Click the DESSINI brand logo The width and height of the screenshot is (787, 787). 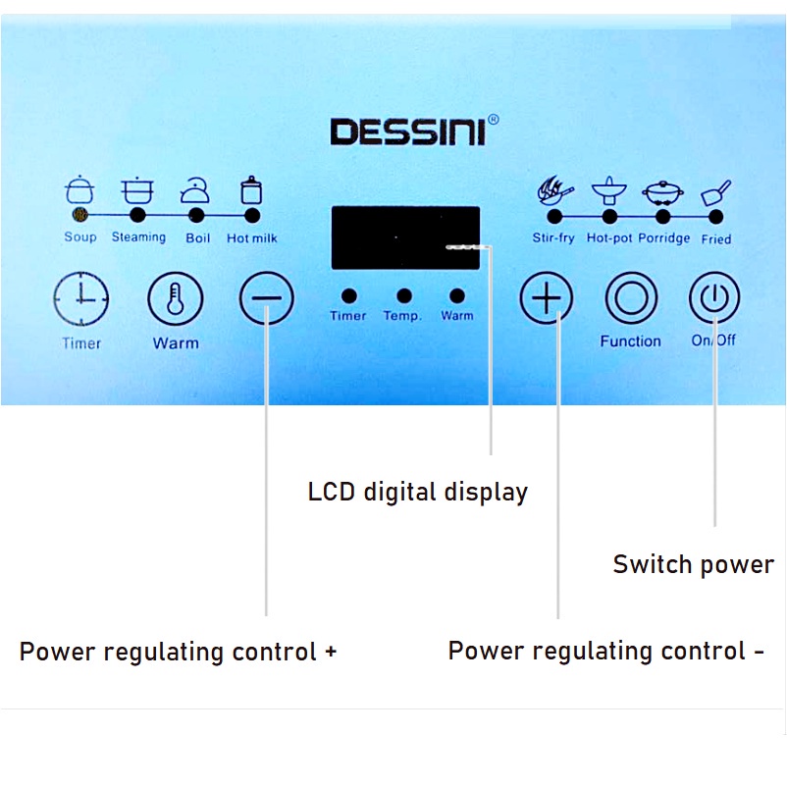click(x=407, y=131)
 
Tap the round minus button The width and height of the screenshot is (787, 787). click(x=266, y=297)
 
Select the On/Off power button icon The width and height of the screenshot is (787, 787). click(x=713, y=297)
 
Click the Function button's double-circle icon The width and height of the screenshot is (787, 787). click(x=631, y=297)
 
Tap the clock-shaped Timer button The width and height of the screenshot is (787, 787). click(x=81, y=298)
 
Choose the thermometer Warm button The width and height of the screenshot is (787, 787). click(x=175, y=298)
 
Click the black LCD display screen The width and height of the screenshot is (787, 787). click(x=405, y=237)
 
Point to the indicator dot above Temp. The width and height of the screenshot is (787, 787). click(x=403, y=295)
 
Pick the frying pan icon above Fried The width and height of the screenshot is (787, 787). click(x=716, y=191)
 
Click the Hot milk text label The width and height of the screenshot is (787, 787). click(x=252, y=237)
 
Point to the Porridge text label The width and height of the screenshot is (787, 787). click(x=664, y=238)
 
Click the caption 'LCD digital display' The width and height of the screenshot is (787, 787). click(x=418, y=492)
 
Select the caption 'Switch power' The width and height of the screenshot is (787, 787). click(x=693, y=564)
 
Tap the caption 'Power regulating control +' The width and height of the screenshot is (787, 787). click(x=178, y=652)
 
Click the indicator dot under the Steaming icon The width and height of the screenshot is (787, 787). click(x=137, y=214)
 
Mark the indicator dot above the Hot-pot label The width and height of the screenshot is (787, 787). click(x=609, y=216)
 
